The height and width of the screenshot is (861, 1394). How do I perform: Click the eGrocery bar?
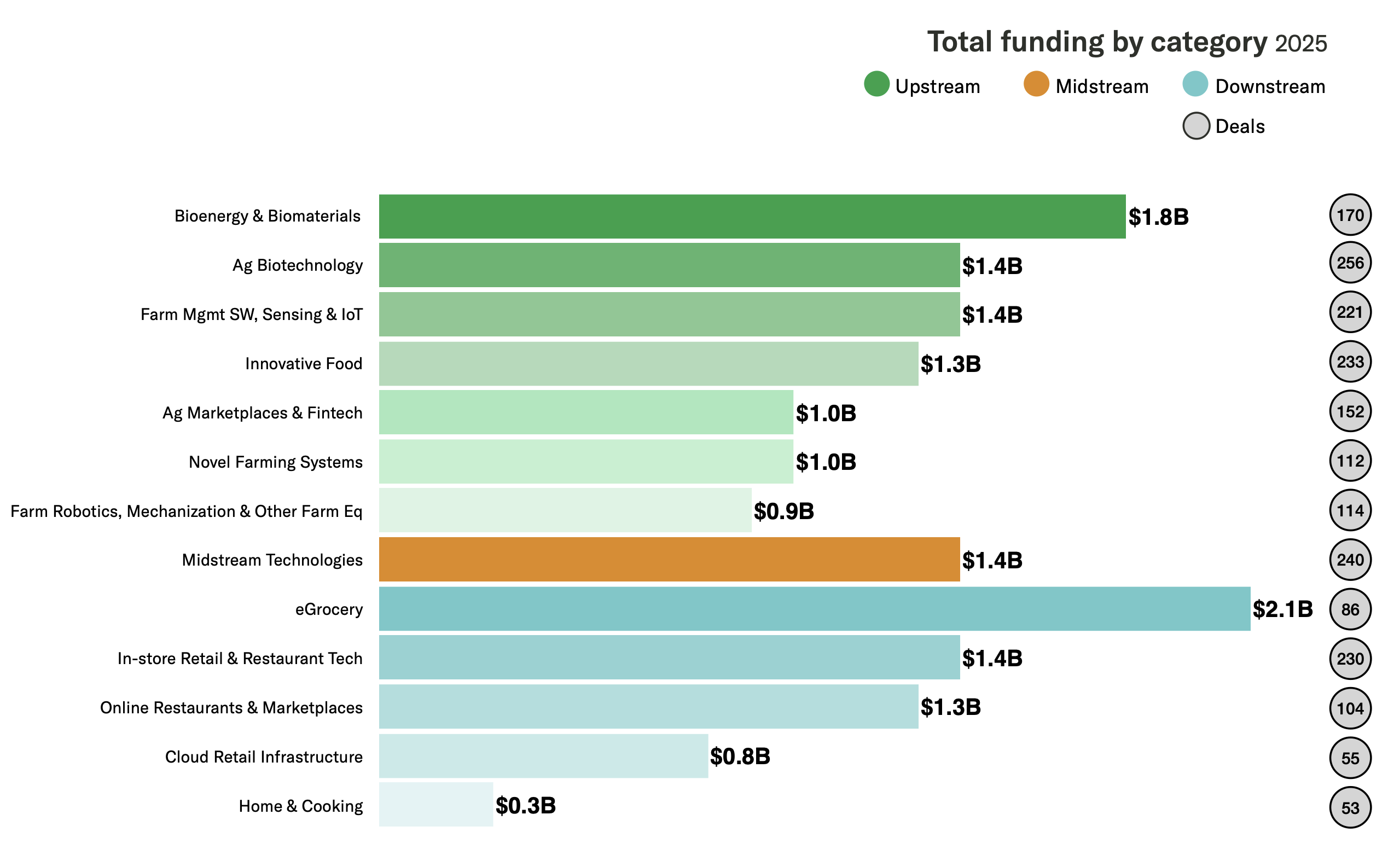[814, 609]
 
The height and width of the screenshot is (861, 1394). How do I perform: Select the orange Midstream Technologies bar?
[669, 559]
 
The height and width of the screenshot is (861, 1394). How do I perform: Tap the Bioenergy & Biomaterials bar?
[752, 217]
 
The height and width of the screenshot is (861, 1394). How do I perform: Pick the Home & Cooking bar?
[435, 804]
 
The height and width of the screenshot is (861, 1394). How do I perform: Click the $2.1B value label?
[1282, 609]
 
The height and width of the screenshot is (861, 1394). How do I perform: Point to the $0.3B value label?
[525, 805]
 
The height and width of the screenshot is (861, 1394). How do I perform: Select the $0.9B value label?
[783, 511]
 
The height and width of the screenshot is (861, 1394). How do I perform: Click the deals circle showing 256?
[1350, 263]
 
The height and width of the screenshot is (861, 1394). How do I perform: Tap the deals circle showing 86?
[1350, 609]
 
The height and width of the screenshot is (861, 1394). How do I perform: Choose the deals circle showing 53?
[1350, 807]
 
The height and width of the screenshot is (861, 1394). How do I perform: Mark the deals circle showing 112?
[1350, 461]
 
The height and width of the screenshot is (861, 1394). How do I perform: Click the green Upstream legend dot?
[876, 84]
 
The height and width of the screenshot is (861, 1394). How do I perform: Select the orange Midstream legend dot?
[1036, 84]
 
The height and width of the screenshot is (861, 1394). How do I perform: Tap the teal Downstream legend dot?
[1195, 84]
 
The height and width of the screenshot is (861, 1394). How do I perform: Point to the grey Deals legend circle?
[1195, 126]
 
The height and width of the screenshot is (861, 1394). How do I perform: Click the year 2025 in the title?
[1300, 44]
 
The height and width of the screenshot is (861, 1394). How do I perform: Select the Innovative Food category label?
[304, 363]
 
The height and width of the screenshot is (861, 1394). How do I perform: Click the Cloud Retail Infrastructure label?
[264, 757]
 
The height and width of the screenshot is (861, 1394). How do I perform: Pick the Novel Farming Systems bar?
[585, 461]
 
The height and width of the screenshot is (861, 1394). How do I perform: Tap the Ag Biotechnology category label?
[297, 265]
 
